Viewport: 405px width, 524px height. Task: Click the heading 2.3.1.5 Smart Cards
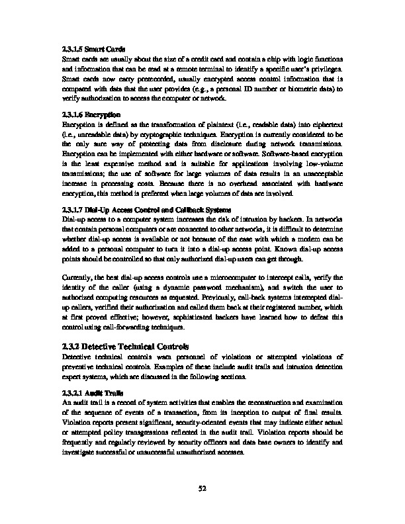point(93,48)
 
